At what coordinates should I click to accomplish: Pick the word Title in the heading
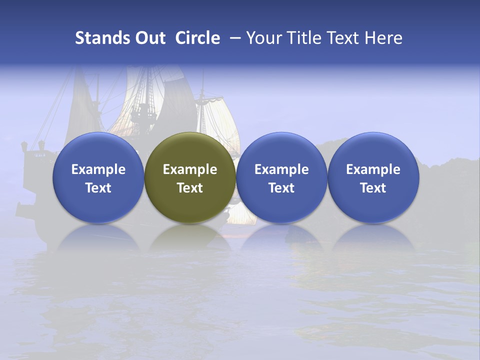coord(305,38)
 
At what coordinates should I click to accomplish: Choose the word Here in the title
coord(384,38)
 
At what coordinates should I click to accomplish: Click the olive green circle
coord(190,178)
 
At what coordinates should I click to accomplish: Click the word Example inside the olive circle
coord(190,169)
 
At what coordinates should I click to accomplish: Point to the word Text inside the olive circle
coord(190,188)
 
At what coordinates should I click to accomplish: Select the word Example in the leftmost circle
coord(98,169)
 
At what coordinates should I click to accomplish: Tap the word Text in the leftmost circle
coord(98,188)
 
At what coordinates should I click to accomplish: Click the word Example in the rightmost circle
coord(373,169)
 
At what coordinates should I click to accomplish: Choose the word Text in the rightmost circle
coord(373,188)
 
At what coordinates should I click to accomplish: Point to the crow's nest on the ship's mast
coord(143,111)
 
